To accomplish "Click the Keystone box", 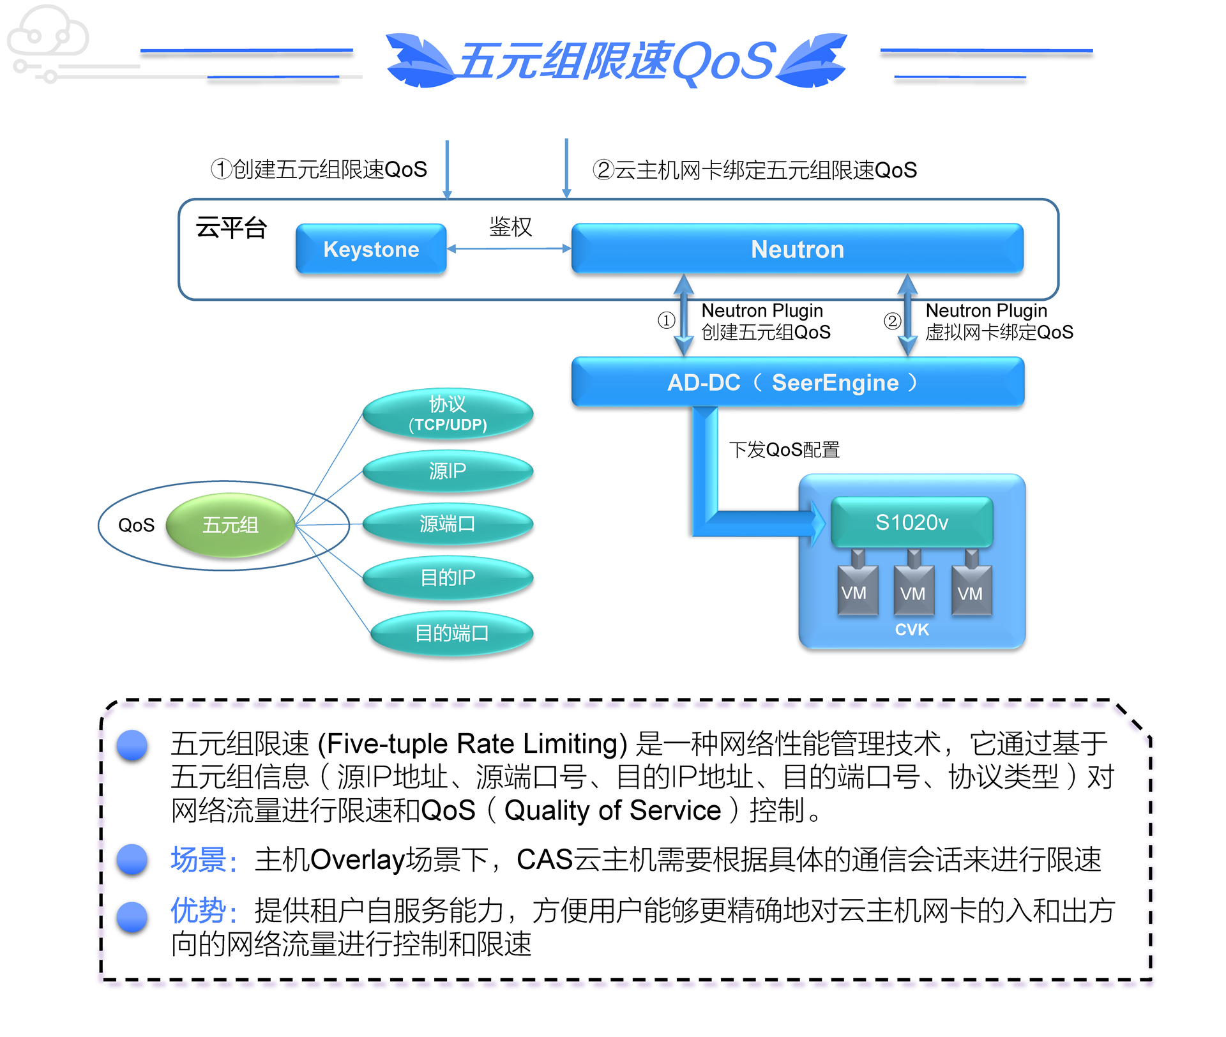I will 371,249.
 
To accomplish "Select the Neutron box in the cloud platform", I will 797,249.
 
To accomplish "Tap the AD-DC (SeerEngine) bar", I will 797,382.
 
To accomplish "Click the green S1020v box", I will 911,522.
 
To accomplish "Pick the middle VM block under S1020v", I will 912,593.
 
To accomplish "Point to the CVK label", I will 912,630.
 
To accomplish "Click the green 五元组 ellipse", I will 230,525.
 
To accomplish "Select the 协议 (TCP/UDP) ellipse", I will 448,413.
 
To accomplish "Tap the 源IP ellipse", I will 448,471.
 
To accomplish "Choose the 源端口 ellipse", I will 448,524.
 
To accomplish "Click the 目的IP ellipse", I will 448,577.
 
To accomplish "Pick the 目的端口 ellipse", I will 451,633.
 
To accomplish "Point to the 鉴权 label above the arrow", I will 510,227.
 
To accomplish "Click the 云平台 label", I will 231,228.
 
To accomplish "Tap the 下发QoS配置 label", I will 784,450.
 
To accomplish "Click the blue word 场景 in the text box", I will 198,859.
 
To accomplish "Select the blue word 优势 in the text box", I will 198,910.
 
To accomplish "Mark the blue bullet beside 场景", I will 132,859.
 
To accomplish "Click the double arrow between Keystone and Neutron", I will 509,248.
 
